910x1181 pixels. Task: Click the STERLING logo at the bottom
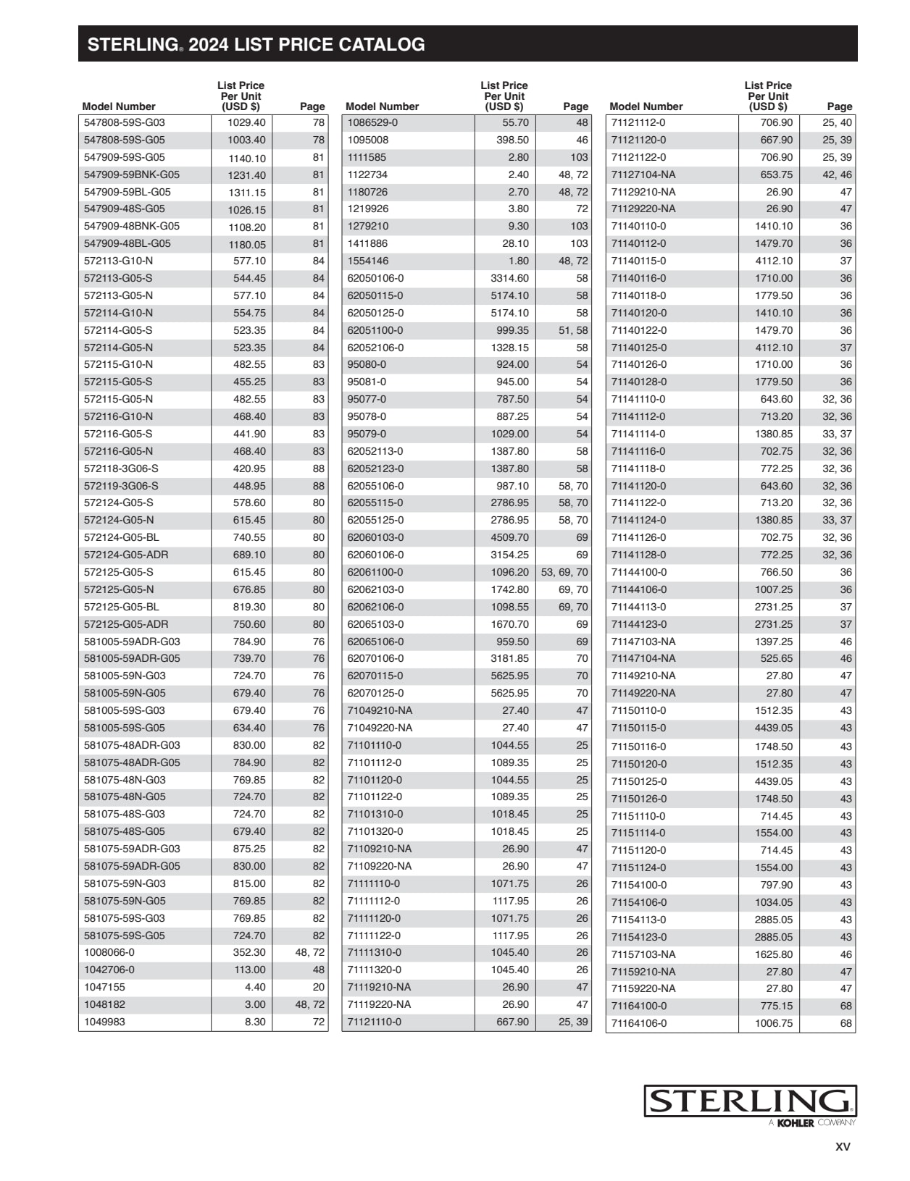coord(750,1101)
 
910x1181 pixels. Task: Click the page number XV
coord(843,1147)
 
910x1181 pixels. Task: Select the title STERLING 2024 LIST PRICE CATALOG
coord(256,45)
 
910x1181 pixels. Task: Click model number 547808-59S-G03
coord(125,123)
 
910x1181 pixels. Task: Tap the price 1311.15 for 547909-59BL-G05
coord(247,193)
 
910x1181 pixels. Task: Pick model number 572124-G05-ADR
coord(126,555)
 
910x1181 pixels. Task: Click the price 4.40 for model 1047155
coord(255,987)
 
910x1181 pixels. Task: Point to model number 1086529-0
coord(372,123)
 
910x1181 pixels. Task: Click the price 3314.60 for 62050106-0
coord(509,279)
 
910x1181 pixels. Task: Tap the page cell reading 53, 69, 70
coord(564,572)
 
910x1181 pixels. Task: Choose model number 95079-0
coord(367,434)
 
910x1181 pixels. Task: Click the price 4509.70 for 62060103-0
coord(509,537)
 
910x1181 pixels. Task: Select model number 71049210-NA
coord(380,710)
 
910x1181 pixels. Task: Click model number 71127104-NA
coord(643,175)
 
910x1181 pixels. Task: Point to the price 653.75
coord(777,175)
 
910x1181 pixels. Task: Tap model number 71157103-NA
coord(643,954)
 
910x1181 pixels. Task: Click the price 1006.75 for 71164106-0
coord(774,1023)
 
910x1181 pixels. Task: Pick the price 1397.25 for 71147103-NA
coord(774,642)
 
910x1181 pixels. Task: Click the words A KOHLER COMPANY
coord(812,1123)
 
